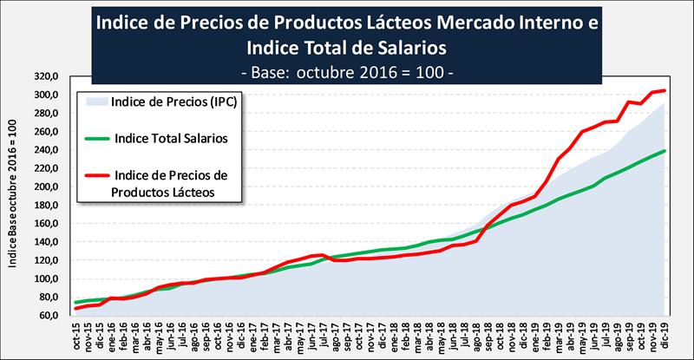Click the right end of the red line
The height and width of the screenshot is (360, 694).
[665, 90]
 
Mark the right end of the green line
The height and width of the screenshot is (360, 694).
[665, 151]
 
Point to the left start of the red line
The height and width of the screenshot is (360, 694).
[76, 308]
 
